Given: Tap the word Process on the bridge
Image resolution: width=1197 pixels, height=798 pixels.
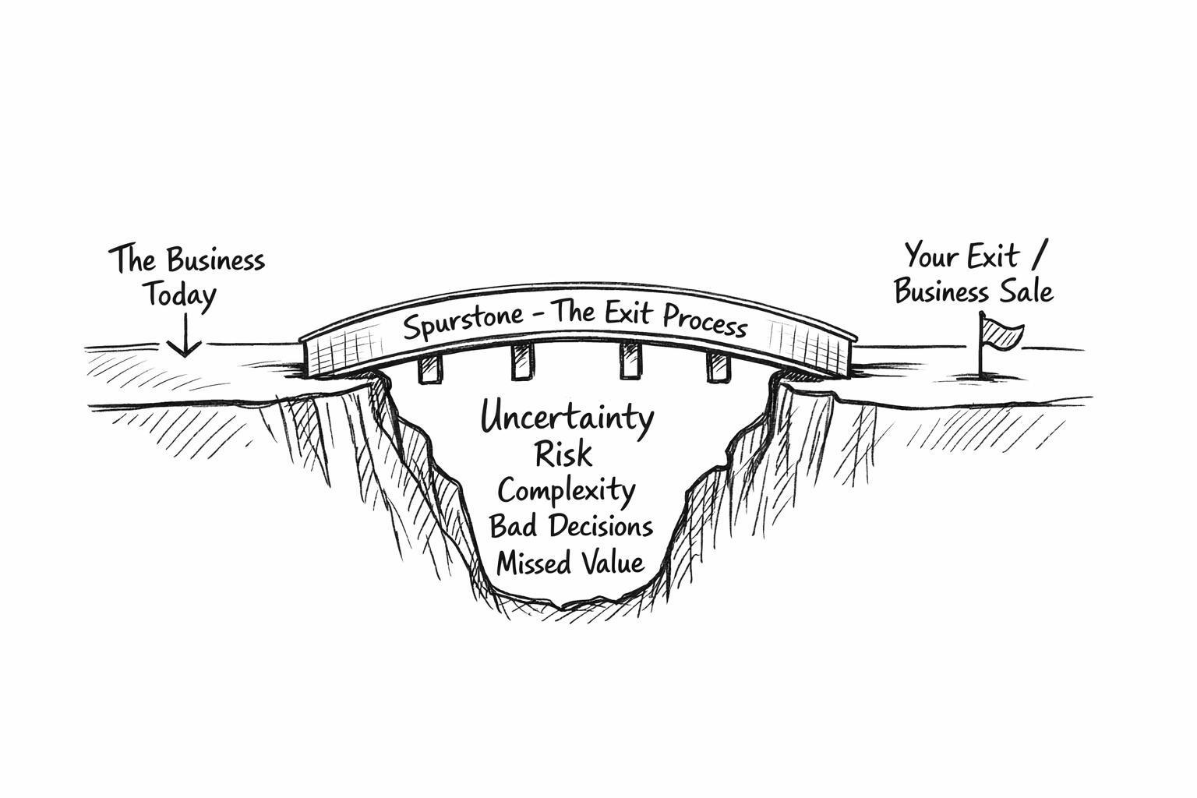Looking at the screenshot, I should [x=705, y=320].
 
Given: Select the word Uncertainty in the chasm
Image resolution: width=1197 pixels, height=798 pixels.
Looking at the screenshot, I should [x=567, y=418].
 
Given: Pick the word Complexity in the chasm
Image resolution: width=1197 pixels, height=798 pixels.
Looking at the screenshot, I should [x=567, y=492].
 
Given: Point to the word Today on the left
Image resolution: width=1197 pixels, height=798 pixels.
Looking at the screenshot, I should [x=178, y=296].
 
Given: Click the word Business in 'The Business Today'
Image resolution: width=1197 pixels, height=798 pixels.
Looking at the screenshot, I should [x=216, y=260].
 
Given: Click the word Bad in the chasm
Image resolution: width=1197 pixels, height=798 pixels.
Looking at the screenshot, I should [x=510, y=526].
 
